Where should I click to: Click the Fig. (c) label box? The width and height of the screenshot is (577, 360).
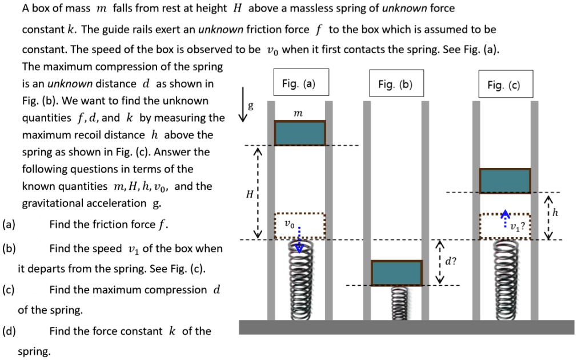click(x=503, y=85)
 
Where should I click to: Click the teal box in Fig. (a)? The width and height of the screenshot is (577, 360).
click(x=299, y=133)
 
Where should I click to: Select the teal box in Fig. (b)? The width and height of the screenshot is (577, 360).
click(x=396, y=273)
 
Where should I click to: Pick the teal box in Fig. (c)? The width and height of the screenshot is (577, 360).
click(x=504, y=181)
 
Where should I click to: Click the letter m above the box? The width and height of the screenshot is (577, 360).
click(x=298, y=115)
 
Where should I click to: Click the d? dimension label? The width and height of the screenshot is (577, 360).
click(x=450, y=262)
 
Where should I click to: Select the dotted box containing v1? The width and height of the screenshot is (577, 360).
click(x=504, y=226)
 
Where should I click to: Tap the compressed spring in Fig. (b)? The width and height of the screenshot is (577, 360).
click(x=396, y=303)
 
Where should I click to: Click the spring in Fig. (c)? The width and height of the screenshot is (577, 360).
click(x=504, y=279)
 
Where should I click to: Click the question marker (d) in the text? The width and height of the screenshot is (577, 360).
click(x=10, y=331)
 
